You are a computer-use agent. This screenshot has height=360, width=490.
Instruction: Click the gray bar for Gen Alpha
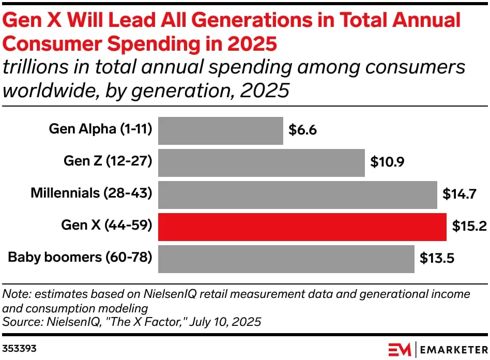click(x=221, y=130)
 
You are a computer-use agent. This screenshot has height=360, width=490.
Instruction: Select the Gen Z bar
click(x=262, y=162)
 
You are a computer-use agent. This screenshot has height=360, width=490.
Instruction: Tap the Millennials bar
click(x=298, y=194)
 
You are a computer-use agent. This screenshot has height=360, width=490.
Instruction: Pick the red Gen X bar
click(x=302, y=227)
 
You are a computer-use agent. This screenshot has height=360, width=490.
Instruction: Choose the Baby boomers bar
click(x=286, y=259)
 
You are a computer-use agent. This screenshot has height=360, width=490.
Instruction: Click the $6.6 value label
click(x=302, y=130)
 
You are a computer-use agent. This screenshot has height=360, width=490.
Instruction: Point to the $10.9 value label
click(x=387, y=162)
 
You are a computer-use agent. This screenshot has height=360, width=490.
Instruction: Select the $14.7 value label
click(x=460, y=194)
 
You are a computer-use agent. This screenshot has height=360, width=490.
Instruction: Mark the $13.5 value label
click(x=437, y=259)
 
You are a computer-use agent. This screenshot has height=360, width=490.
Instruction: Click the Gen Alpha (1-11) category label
click(x=100, y=129)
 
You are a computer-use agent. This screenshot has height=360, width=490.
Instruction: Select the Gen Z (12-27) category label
click(x=108, y=161)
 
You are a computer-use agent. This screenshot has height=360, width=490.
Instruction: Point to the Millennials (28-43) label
click(x=91, y=193)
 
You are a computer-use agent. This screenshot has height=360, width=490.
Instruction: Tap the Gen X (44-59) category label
click(x=106, y=226)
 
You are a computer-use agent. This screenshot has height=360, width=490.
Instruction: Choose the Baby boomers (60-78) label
click(x=80, y=258)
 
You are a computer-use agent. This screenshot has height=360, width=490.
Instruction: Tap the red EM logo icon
click(x=399, y=348)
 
